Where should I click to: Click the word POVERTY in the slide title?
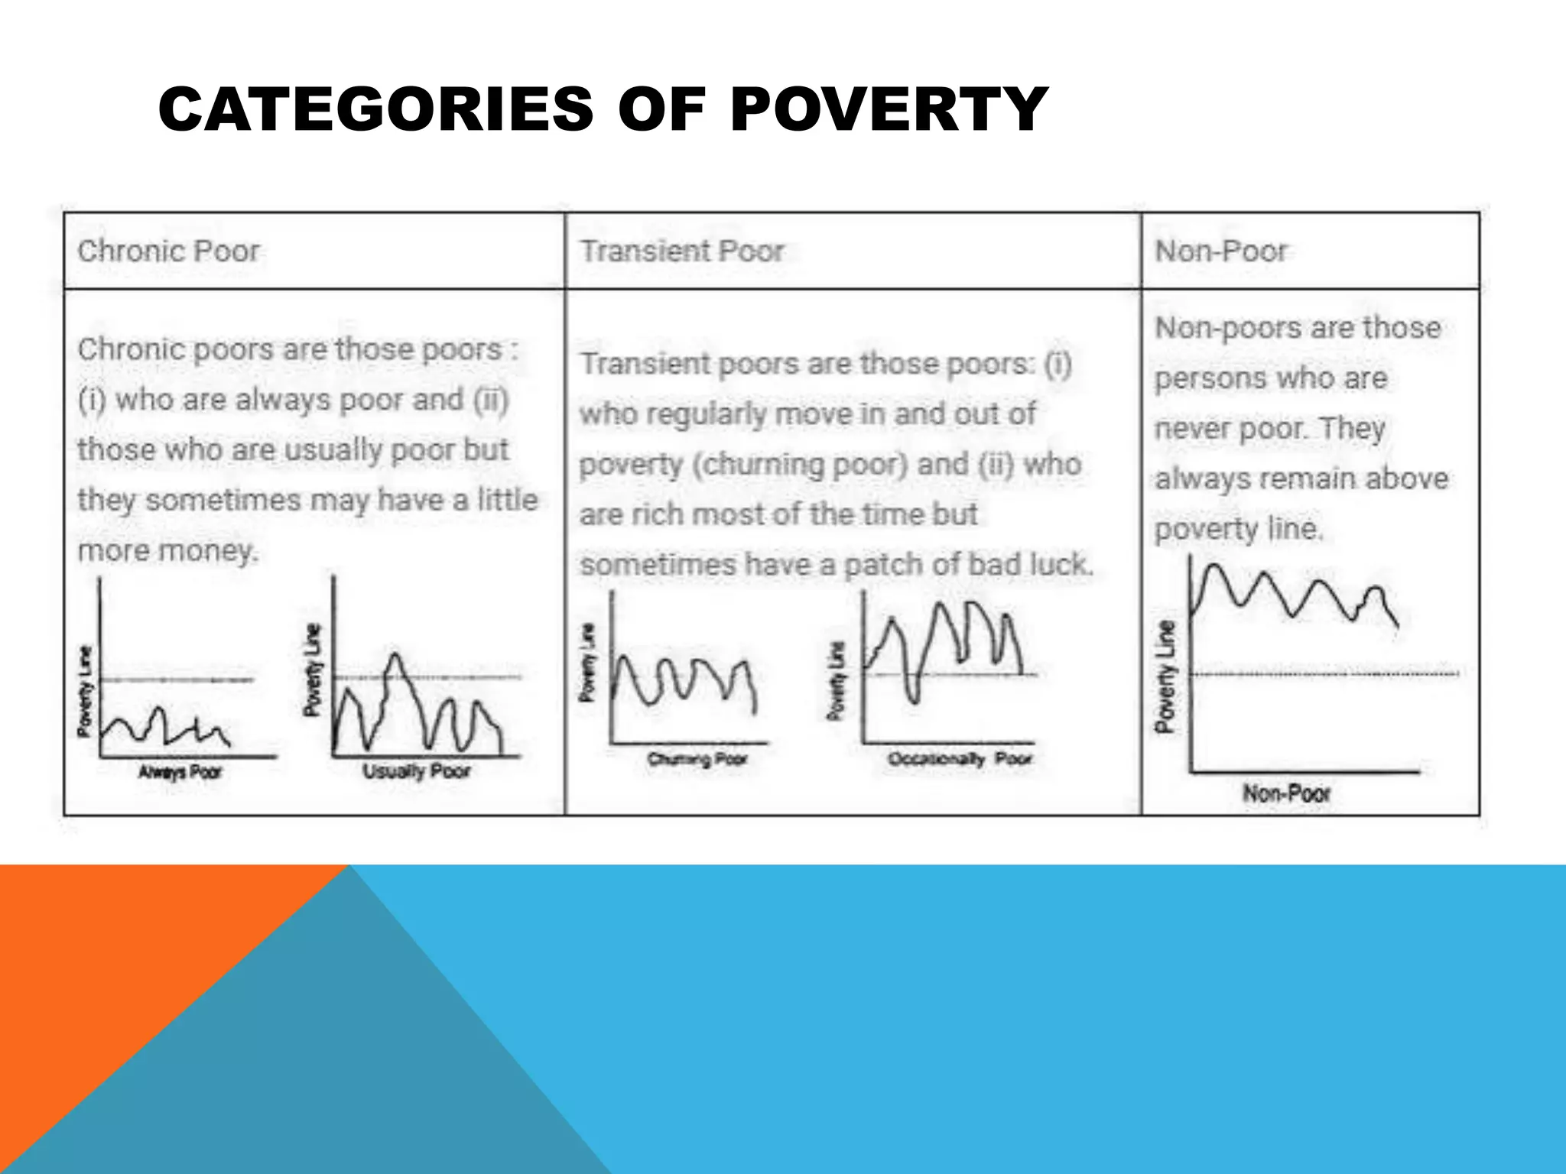(x=889, y=109)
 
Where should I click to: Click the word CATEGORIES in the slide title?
(x=375, y=109)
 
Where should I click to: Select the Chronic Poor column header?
(x=168, y=251)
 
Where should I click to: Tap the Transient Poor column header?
(x=682, y=251)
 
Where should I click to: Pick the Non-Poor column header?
(x=1221, y=251)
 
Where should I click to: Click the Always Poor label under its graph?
(x=180, y=772)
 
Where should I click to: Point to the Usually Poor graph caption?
(x=417, y=770)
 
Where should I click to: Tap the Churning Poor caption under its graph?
(x=697, y=759)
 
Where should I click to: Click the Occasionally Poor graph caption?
(x=960, y=759)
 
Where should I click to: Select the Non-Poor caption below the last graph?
(x=1287, y=793)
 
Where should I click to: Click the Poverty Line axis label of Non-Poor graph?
(x=1165, y=676)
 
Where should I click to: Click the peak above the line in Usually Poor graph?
(x=395, y=659)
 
